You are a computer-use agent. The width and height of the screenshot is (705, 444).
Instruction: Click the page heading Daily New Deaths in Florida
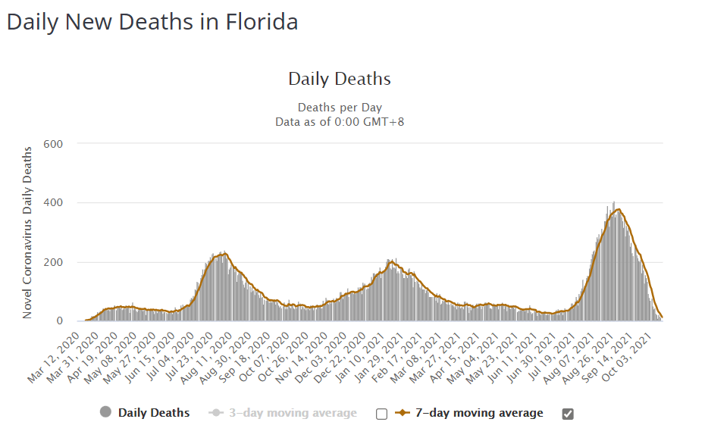152,22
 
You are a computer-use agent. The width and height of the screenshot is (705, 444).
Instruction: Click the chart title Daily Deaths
340,79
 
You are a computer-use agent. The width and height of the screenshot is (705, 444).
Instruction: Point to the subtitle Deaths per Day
340,108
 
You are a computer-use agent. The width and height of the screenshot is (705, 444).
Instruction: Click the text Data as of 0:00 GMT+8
340,121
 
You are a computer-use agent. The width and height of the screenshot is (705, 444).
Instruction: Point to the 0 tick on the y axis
58,321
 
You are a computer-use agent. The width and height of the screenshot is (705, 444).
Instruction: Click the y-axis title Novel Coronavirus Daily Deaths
28,232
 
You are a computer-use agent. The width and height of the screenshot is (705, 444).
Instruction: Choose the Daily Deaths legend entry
153,413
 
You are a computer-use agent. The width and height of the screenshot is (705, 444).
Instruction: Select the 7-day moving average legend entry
479,413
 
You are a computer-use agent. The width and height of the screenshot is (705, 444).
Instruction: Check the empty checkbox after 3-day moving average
381,414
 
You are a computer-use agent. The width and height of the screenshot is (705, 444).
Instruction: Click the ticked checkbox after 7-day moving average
568,414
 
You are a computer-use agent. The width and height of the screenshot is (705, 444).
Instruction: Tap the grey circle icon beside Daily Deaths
105,413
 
